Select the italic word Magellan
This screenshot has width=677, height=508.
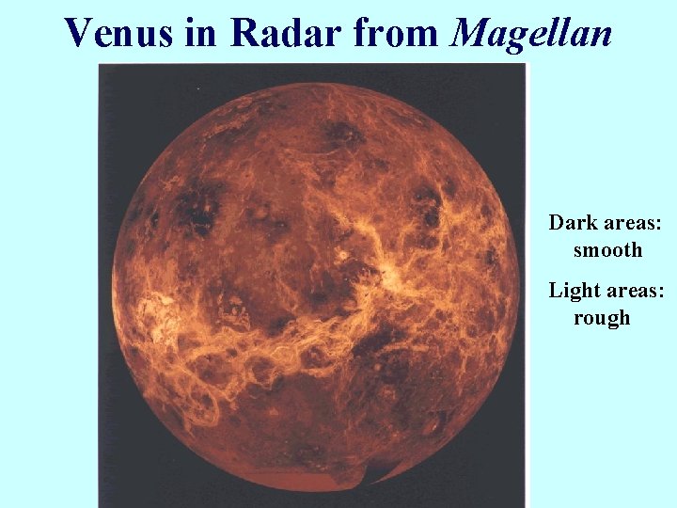(x=532, y=34)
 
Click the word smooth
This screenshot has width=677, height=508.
(x=608, y=250)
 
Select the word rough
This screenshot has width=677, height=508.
(x=602, y=318)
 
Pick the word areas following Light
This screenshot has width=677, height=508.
(x=635, y=291)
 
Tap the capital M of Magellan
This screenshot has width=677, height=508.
(x=471, y=34)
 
